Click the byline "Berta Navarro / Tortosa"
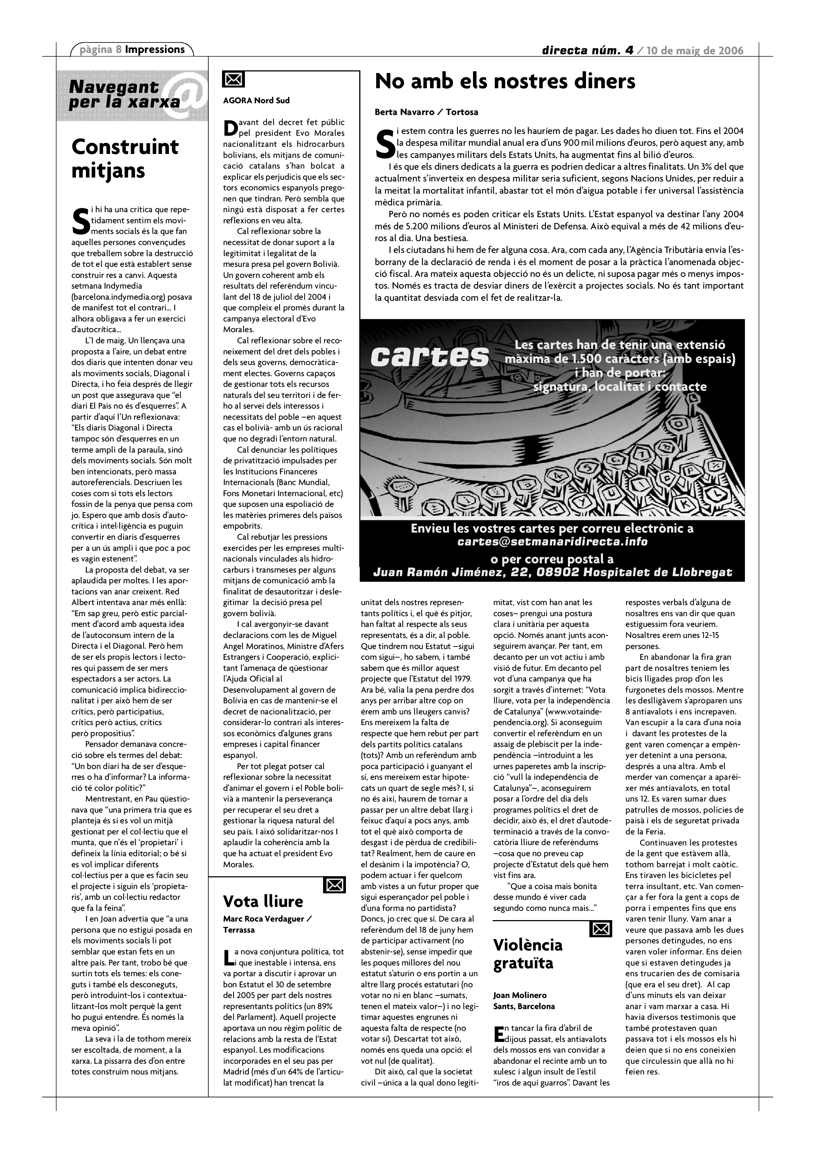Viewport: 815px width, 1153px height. tap(426, 112)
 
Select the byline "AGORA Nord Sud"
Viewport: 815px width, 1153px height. tap(256, 100)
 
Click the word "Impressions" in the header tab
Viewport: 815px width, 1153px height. tap(155, 50)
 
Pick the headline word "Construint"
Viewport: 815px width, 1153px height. tap(125, 147)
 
